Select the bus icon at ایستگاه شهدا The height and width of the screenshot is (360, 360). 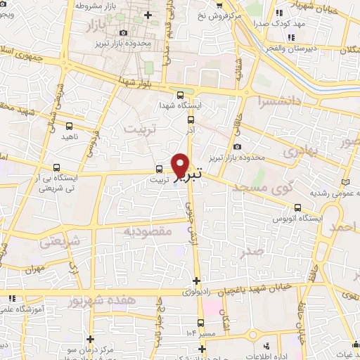point(181,95)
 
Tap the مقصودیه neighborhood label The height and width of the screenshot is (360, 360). point(149,231)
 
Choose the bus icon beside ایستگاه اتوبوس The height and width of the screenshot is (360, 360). point(298,207)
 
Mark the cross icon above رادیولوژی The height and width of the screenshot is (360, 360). point(196,281)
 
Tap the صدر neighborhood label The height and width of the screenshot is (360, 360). point(252,251)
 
